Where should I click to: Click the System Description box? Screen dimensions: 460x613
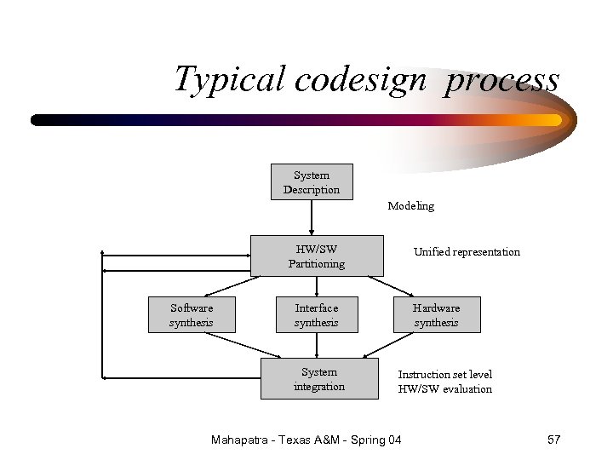pyautogui.click(x=312, y=181)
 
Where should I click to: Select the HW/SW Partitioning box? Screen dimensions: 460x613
pyautogui.click(x=317, y=256)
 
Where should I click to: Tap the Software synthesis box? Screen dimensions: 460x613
pyautogui.click(x=192, y=314)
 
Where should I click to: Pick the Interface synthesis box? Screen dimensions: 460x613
pyautogui.click(x=317, y=314)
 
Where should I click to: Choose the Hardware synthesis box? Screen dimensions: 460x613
pyautogui.click(x=436, y=314)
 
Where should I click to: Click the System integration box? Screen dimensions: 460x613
pyautogui.click(x=319, y=378)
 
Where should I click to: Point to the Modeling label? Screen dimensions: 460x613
pyautogui.click(x=410, y=205)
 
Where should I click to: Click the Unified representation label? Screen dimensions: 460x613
pyautogui.click(x=467, y=251)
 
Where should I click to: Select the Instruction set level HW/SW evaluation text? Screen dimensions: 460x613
pyautogui.click(x=445, y=382)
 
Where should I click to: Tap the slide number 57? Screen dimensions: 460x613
pyautogui.click(x=553, y=440)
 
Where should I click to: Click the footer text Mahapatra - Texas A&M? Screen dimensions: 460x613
pyautogui.click(x=280, y=440)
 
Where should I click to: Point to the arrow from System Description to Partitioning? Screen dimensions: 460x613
pyautogui.click(x=312, y=217)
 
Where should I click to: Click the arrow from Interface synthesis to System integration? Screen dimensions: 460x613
pyautogui.click(x=317, y=344)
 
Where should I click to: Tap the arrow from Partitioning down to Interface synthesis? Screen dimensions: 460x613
pyautogui.click(x=317, y=286)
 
